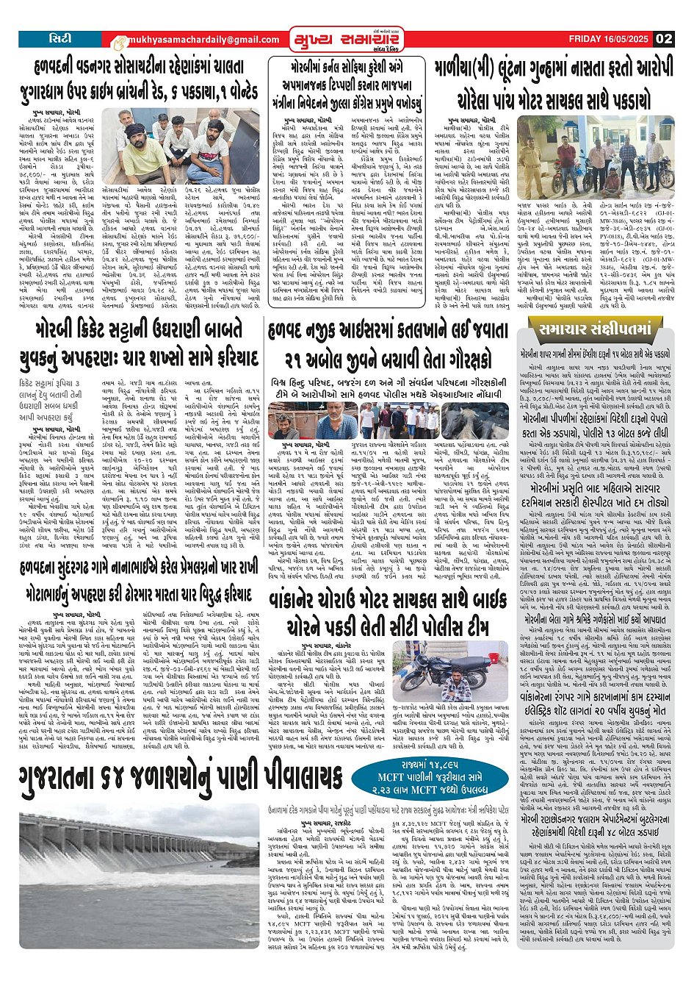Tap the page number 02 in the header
[664, 39]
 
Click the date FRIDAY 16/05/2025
[610, 39]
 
